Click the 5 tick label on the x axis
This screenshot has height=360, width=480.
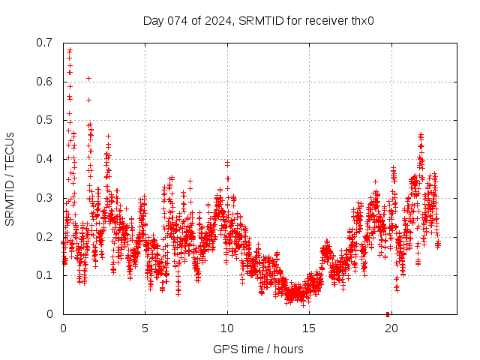(x=145, y=328)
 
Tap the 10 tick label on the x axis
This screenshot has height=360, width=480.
(x=226, y=328)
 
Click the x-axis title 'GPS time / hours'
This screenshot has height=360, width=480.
(x=258, y=349)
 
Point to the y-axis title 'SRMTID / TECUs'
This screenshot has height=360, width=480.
(x=10, y=178)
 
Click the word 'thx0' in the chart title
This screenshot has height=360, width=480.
(x=362, y=20)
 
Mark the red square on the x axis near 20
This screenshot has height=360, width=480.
(x=388, y=313)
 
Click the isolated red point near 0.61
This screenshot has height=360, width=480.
(x=88, y=78)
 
